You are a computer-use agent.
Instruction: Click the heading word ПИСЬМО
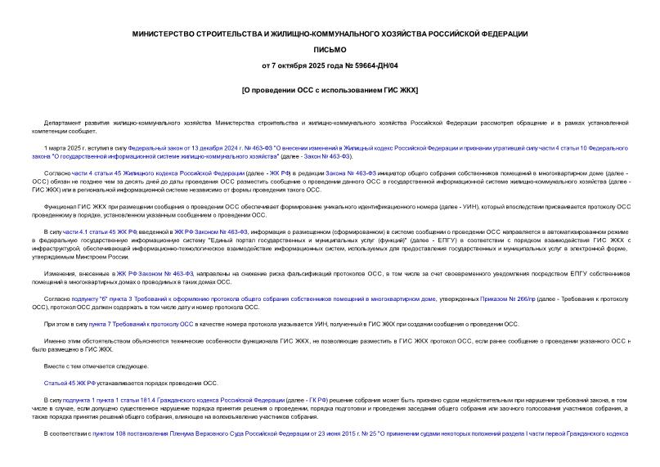click(x=330, y=49)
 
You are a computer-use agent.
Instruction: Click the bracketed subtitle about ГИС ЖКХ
click(x=330, y=89)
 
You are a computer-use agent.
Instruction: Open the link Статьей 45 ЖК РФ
click(x=70, y=382)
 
